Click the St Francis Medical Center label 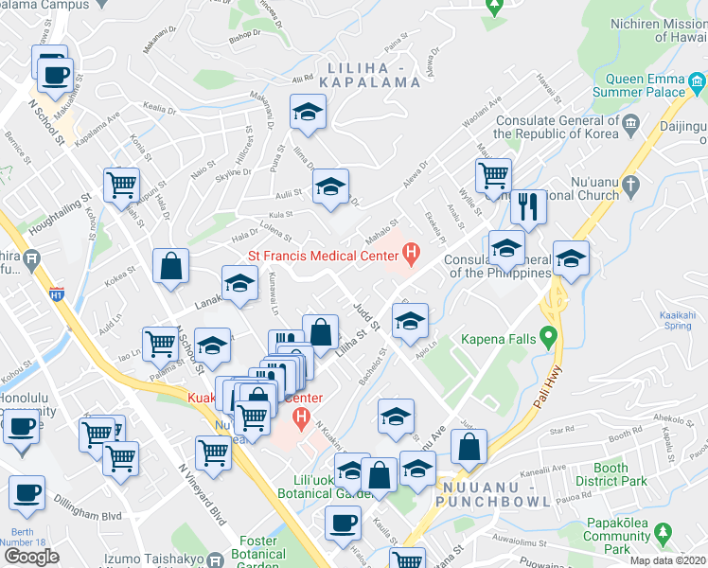(322, 255)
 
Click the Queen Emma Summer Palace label (638, 86)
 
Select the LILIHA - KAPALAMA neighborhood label (373, 75)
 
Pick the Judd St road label (365, 316)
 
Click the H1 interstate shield (57, 294)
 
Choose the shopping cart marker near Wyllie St (493, 176)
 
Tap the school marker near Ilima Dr (307, 113)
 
